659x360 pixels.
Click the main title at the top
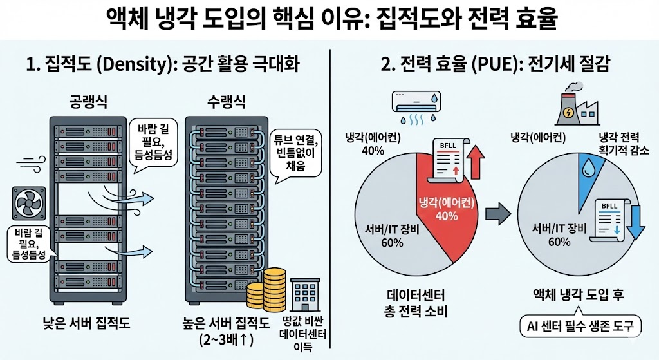pos(329,19)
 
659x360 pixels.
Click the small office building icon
pos(306,294)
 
